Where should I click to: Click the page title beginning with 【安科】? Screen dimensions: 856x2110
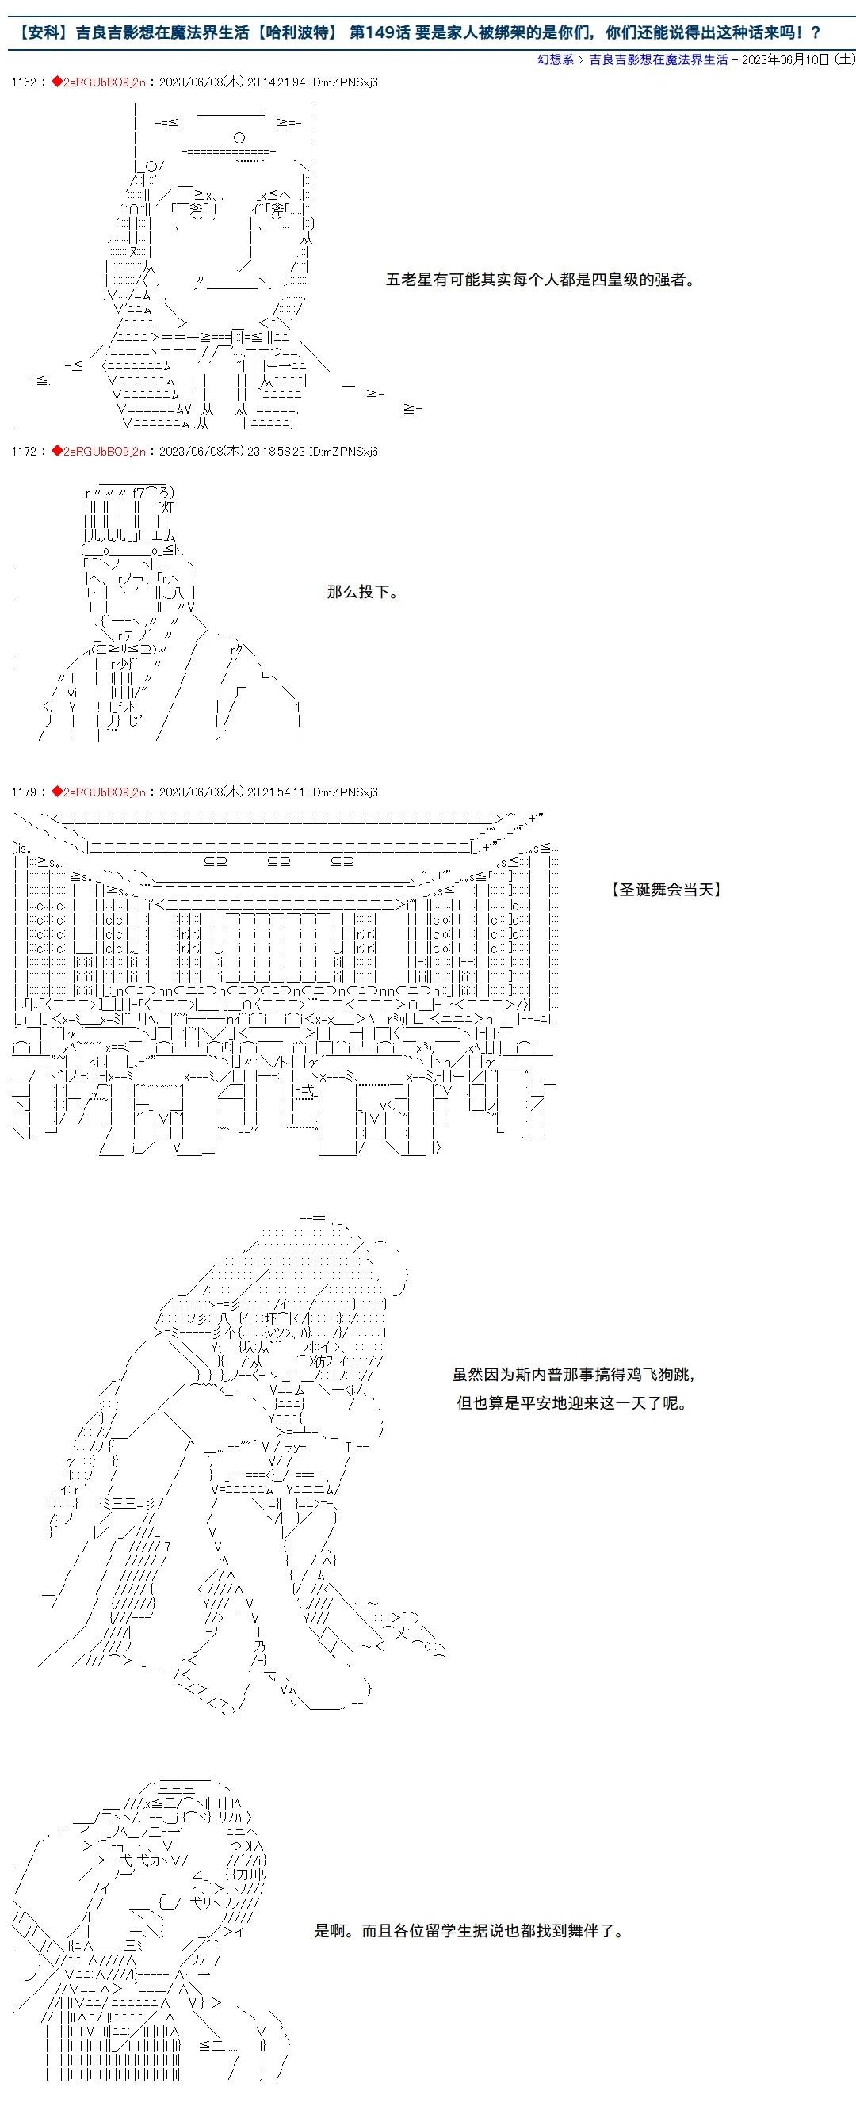pyautogui.click(x=418, y=32)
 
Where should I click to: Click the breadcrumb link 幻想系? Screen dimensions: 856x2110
pyautogui.click(x=555, y=59)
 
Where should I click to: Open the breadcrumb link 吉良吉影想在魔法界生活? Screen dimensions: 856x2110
pyautogui.click(x=659, y=59)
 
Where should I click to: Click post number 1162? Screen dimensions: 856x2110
pyautogui.click(x=24, y=82)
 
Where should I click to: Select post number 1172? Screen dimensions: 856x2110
pyautogui.click(x=24, y=452)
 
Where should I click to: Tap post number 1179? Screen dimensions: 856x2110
pyautogui.click(x=24, y=792)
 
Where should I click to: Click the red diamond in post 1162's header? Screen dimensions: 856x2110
pyautogui.click(x=56, y=82)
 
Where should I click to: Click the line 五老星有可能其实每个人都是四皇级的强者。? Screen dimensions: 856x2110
pyautogui.click(x=541, y=280)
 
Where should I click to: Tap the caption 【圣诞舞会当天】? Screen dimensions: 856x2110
pyautogui.click(x=667, y=890)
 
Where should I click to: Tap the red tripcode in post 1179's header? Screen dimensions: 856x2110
pyautogui.click(x=104, y=792)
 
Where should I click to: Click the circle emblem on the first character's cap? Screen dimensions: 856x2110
pyautogui.click(x=239, y=137)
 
